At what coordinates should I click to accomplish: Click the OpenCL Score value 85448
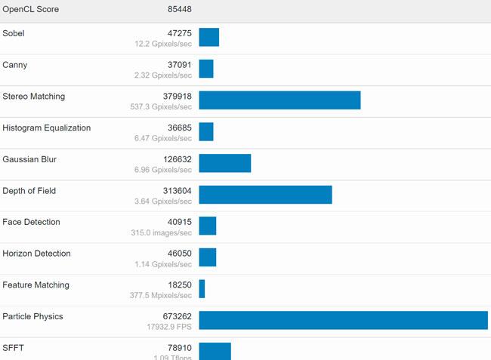tap(179, 10)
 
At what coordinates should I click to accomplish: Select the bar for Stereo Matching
tap(279, 100)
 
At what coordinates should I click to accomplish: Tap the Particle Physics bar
tap(343, 320)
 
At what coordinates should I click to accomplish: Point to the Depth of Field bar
tap(265, 195)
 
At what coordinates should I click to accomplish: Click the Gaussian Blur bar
tap(224, 163)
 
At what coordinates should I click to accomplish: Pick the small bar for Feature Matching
tap(202, 289)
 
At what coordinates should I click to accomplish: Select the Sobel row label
tap(14, 33)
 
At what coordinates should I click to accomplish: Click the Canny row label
tap(15, 65)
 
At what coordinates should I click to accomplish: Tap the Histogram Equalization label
tap(47, 128)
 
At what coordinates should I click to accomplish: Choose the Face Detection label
tap(31, 222)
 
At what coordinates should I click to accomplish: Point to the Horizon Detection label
tap(36, 254)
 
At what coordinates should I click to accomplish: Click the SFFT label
tap(14, 348)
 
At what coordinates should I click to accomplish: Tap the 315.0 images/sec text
tap(161, 233)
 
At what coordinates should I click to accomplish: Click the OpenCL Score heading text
tap(30, 10)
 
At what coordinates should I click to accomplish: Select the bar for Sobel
tap(208, 38)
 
